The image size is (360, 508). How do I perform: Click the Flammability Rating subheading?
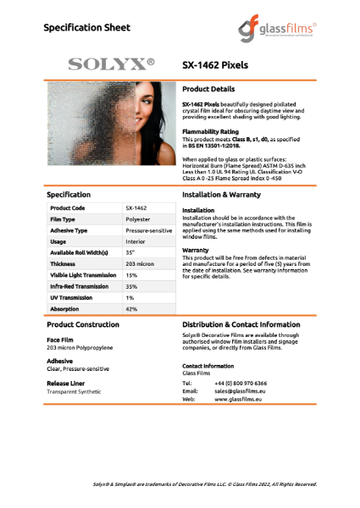click(210, 132)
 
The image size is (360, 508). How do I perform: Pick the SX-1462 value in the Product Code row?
click(136, 207)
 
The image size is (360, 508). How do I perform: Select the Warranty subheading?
click(197, 251)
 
